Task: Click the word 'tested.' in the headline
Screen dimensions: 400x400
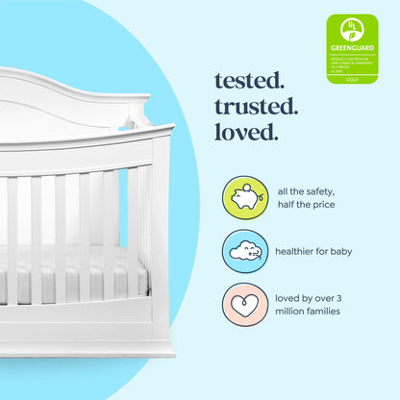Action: [248, 76]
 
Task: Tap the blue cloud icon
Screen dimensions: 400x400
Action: [244, 252]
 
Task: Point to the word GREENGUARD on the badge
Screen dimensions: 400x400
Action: [352, 46]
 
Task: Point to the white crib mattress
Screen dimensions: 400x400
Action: [72, 274]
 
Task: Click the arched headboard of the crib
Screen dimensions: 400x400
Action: [67, 96]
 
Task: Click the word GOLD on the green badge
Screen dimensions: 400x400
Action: [352, 80]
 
